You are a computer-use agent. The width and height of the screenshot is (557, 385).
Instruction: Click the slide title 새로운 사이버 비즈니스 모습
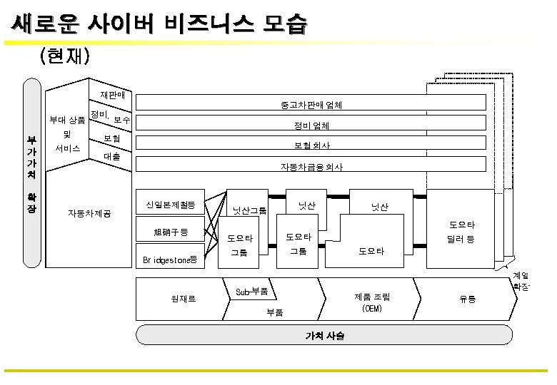(x=159, y=24)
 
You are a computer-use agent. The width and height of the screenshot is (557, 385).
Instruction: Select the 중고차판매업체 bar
(x=311, y=105)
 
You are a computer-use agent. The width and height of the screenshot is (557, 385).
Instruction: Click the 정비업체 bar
(x=311, y=125)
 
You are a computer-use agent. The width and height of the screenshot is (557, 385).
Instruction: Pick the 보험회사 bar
(x=311, y=145)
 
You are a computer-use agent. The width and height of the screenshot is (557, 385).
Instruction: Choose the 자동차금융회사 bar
(x=311, y=167)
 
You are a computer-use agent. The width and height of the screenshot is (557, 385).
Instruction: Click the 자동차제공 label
(x=89, y=212)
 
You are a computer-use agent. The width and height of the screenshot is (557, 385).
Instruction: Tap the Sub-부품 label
(x=252, y=291)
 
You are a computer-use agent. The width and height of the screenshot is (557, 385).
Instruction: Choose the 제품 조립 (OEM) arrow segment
(x=372, y=302)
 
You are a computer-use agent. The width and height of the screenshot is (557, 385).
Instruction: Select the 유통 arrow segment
(x=467, y=299)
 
